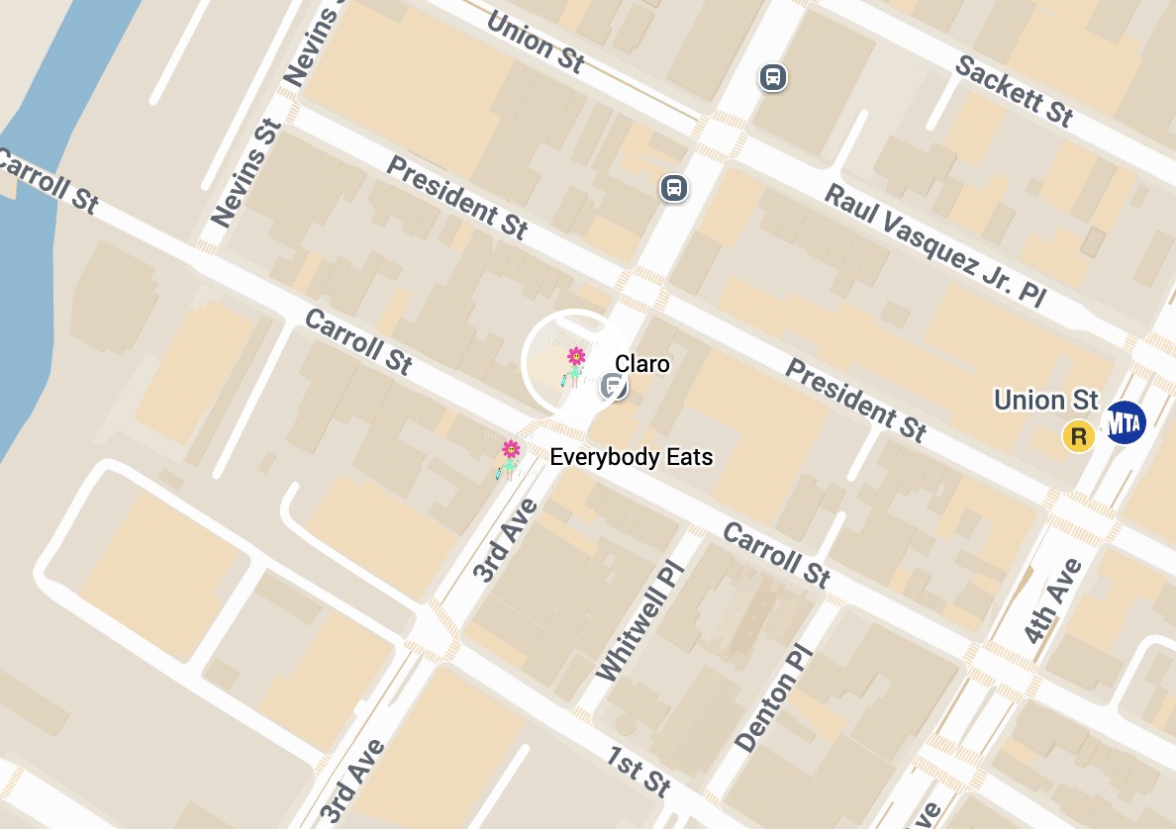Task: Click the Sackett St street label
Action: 1014,90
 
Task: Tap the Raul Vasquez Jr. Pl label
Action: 934,244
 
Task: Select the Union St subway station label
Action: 1046,400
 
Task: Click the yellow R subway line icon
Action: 1077,436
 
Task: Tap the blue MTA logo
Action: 1124,422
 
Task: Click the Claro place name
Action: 642,364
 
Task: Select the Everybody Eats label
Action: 631,457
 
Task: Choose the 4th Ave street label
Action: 1053,601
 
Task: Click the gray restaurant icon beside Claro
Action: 614,386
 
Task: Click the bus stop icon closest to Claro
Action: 673,187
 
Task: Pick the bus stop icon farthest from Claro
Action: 773,76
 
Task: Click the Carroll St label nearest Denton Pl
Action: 776,554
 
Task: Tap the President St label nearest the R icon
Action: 856,400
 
